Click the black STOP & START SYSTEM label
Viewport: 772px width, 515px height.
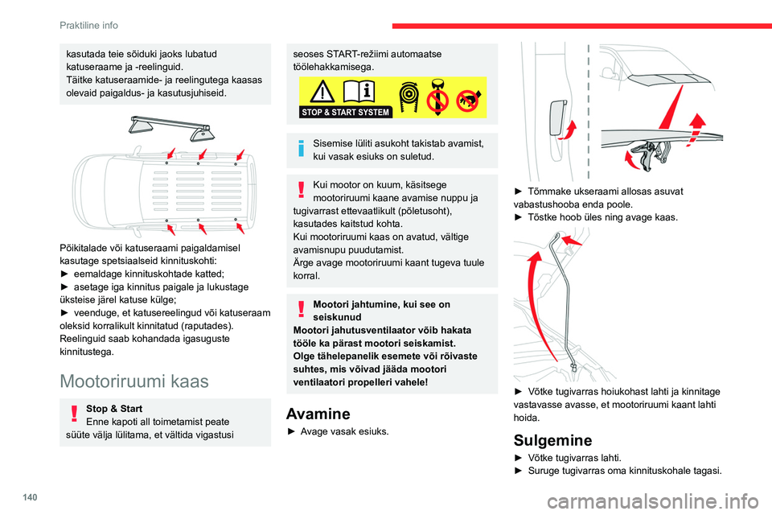[346, 112]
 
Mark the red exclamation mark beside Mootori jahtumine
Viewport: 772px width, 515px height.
[302, 311]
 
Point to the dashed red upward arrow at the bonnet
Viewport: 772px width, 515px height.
[697, 129]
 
